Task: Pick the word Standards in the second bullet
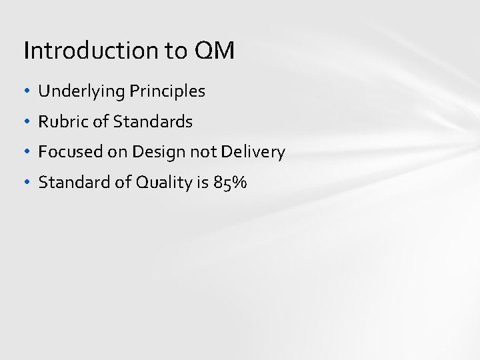tap(153, 122)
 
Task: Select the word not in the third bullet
tap(199, 152)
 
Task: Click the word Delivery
tap(251, 152)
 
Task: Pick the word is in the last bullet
tap(203, 183)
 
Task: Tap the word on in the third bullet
tap(117, 153)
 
